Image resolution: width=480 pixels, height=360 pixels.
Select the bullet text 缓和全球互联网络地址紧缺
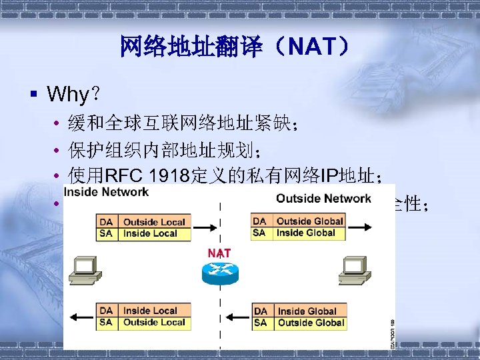click(177, 124)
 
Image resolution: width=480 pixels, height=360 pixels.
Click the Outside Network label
click(323, 198)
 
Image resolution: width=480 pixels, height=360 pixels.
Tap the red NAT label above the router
click(219, 253)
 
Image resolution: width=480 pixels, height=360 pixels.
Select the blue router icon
click(219, 273)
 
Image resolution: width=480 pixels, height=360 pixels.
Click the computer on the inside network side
click(85, 268)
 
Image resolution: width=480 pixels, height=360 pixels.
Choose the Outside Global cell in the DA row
click(309, 221)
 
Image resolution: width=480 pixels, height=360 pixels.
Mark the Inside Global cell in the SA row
click(307, 233)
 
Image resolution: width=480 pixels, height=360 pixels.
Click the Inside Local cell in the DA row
click(150, 311)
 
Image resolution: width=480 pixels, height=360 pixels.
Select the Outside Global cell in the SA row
click(311, 323)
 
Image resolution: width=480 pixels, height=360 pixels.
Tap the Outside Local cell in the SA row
click(154, 322)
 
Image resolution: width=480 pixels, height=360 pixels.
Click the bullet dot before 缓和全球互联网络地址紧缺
click(59, 125)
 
